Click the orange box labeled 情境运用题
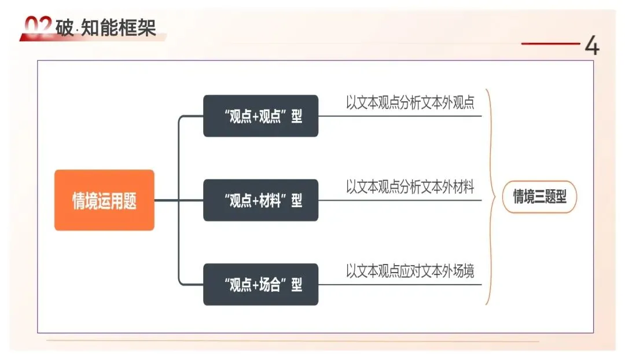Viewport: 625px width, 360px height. (x=104, y=200)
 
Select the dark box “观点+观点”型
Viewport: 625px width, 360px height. (x=260, y=116)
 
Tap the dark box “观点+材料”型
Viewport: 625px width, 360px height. (x=260, y=200)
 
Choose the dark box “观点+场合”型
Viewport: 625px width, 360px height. (x=260, y=285)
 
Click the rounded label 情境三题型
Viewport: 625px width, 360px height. (x=539, y=197)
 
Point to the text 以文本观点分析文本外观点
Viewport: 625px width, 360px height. (x=410, y=103)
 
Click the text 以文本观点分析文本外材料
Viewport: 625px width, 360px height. (x=410, y=187)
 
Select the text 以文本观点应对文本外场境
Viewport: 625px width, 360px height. (x=410, y=271)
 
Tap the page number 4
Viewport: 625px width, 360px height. (x=591, y=46)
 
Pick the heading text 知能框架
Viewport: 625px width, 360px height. (x=119, y=27)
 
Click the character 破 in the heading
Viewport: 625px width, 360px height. (x=65, y=27)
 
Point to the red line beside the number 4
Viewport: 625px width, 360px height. (x=550, y=43)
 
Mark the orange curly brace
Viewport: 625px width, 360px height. (x=490, y=197)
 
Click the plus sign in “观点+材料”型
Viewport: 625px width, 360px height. (x=257, y=201)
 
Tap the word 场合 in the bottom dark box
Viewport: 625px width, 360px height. (x=271, y=285)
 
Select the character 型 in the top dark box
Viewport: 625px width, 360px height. (x=296, y=116)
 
